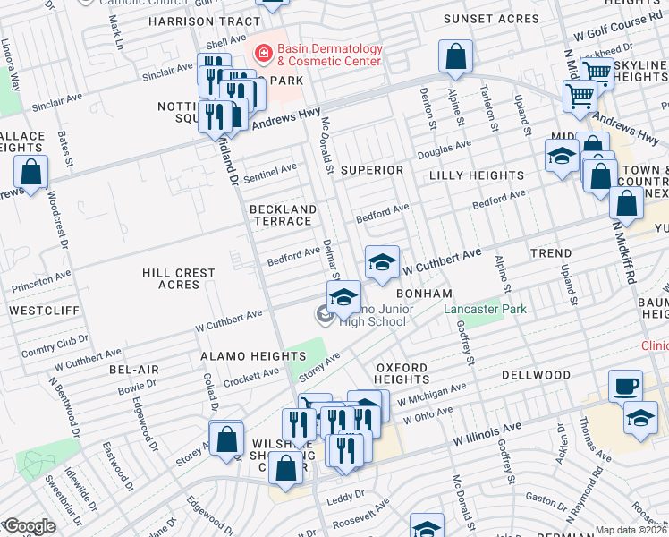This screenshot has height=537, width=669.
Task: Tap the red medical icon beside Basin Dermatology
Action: [x=264, y=54]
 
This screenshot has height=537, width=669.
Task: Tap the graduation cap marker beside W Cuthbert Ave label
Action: [x=382, y=263]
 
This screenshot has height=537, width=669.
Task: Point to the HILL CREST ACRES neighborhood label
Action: [x=178, y=278]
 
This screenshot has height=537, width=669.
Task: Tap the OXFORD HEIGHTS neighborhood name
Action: [x=402, y=373]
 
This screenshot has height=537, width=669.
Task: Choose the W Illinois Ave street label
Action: [x=486, y=438]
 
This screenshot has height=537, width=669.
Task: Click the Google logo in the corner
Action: [x=29, y=526]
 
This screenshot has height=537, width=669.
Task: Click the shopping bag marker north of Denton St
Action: [x=456, y=56]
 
